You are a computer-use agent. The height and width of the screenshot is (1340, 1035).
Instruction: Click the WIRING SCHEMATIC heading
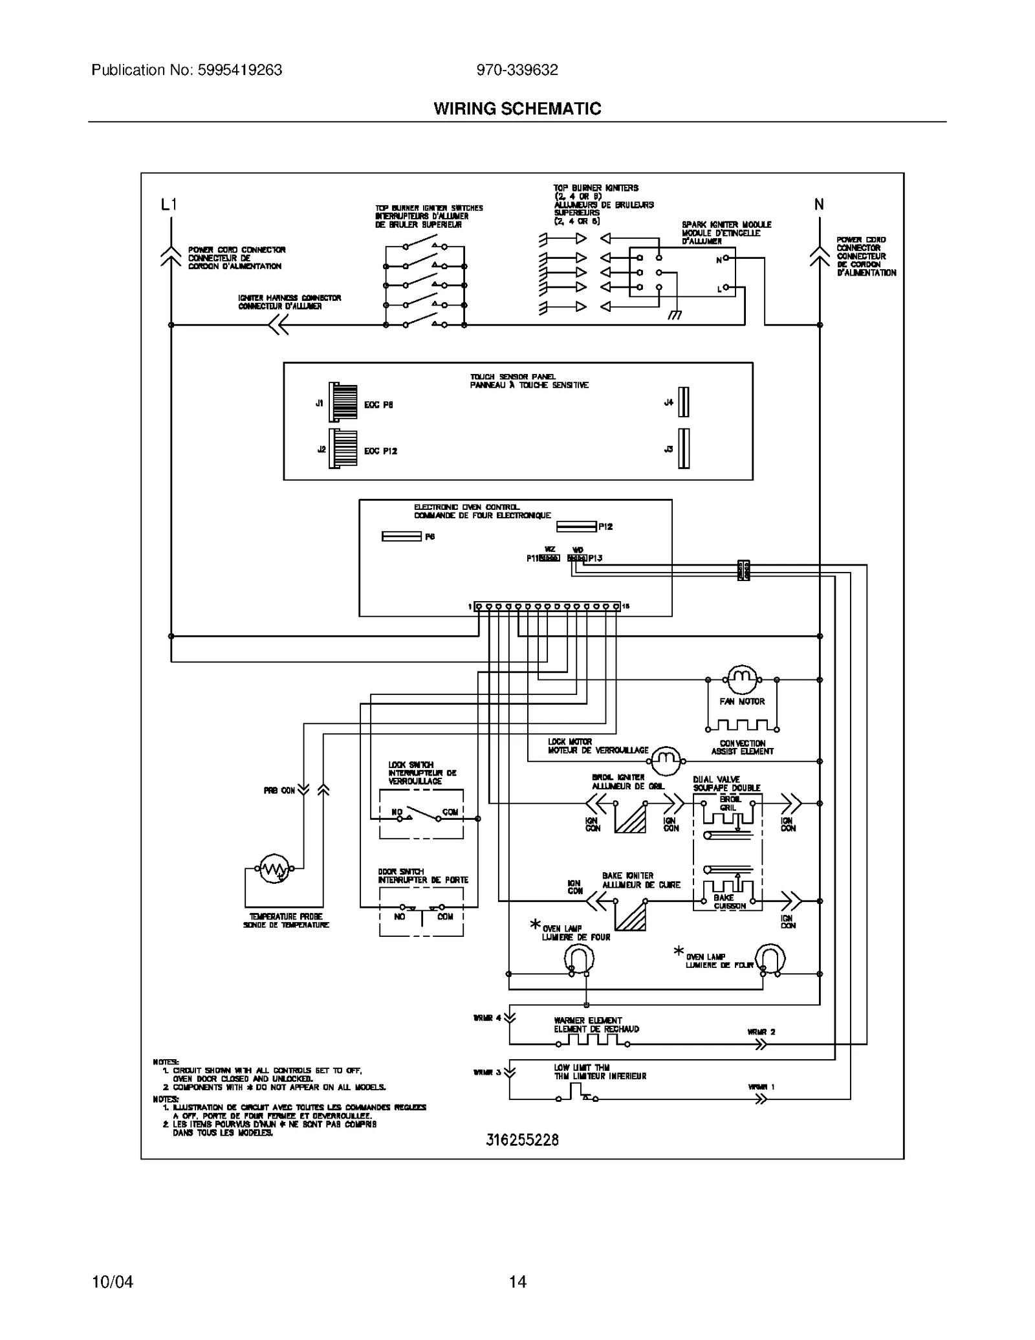517,109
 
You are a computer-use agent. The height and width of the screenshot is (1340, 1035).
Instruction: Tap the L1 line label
169,205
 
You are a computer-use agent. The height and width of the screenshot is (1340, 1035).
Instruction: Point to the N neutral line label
819,205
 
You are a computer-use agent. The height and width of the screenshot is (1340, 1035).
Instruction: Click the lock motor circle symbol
666,760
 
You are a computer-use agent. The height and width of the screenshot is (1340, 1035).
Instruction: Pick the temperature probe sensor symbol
274,869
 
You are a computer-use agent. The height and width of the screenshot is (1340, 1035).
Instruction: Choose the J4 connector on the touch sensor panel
683,402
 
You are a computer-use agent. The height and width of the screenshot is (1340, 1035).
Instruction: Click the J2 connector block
343,448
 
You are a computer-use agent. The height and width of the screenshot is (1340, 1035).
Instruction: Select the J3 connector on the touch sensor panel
683,448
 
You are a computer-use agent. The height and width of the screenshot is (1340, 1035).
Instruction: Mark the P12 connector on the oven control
576,527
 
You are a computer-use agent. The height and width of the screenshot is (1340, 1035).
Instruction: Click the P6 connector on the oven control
402,536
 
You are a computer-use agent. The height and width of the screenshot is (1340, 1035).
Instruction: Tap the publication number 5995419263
186,70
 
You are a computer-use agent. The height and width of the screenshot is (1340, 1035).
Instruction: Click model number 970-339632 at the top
517,70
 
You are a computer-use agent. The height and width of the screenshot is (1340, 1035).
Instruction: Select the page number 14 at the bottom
517,1281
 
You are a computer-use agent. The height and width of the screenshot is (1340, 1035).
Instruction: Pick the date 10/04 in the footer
113,1281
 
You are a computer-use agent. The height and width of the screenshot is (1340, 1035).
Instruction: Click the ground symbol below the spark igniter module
675,316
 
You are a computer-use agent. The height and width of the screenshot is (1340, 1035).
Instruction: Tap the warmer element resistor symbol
593,1040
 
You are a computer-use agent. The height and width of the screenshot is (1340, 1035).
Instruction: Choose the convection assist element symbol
742,725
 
